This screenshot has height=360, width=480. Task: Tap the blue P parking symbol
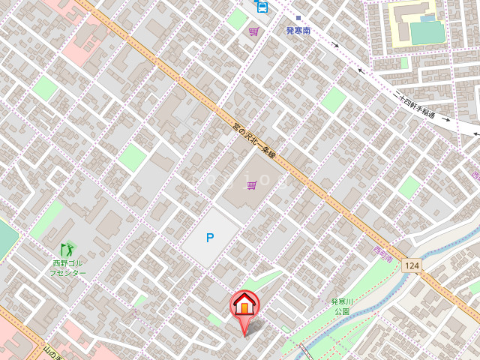[210, 238]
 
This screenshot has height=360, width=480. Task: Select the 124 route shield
[410, 265]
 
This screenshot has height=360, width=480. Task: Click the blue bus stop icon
[261, 7]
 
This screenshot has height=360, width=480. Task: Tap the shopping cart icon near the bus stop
[254, 31]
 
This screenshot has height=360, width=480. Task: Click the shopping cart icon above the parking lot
[252, 184]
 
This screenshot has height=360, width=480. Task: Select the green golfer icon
[67, 247]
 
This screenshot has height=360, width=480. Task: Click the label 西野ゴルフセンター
[68, 268]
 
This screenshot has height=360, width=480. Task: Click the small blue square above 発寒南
[298, 17]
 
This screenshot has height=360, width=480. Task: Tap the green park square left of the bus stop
[237, 19]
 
